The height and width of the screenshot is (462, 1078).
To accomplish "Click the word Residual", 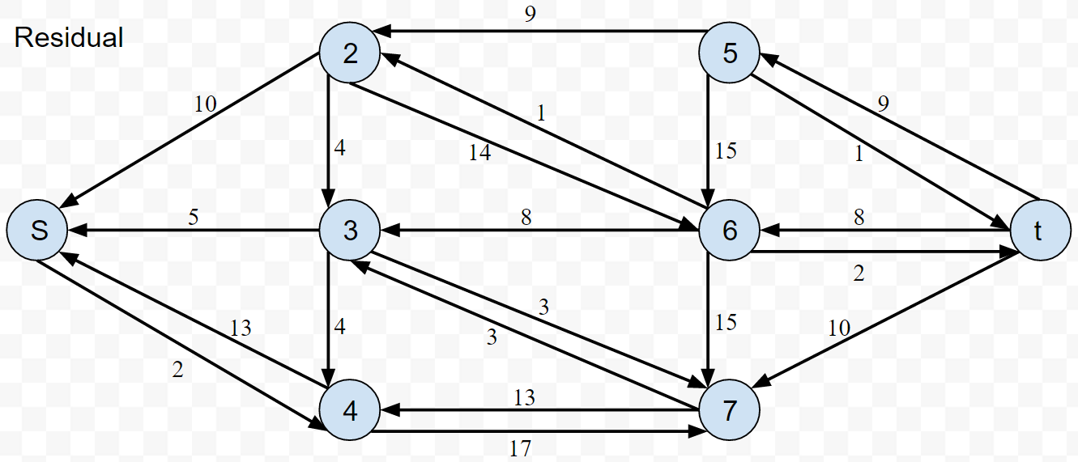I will point(69,38).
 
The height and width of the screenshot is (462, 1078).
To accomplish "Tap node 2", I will point(350,54).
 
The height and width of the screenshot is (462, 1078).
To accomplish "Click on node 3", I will point(350,231).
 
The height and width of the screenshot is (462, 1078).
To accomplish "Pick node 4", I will point(350,411).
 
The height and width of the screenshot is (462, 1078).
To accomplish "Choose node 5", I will point(730,54).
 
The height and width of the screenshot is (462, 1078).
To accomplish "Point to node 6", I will point(730,231).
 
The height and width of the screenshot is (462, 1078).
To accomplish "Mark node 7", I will point(730,411).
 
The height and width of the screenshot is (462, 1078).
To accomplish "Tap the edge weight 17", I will point(521,447).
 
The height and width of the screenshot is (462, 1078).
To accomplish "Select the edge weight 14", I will point(479,151).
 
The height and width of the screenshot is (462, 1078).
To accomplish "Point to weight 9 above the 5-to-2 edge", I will point(529,14).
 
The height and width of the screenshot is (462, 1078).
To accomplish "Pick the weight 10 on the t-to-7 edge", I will point(840,328).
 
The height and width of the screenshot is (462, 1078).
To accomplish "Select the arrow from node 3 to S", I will point(194,231).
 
